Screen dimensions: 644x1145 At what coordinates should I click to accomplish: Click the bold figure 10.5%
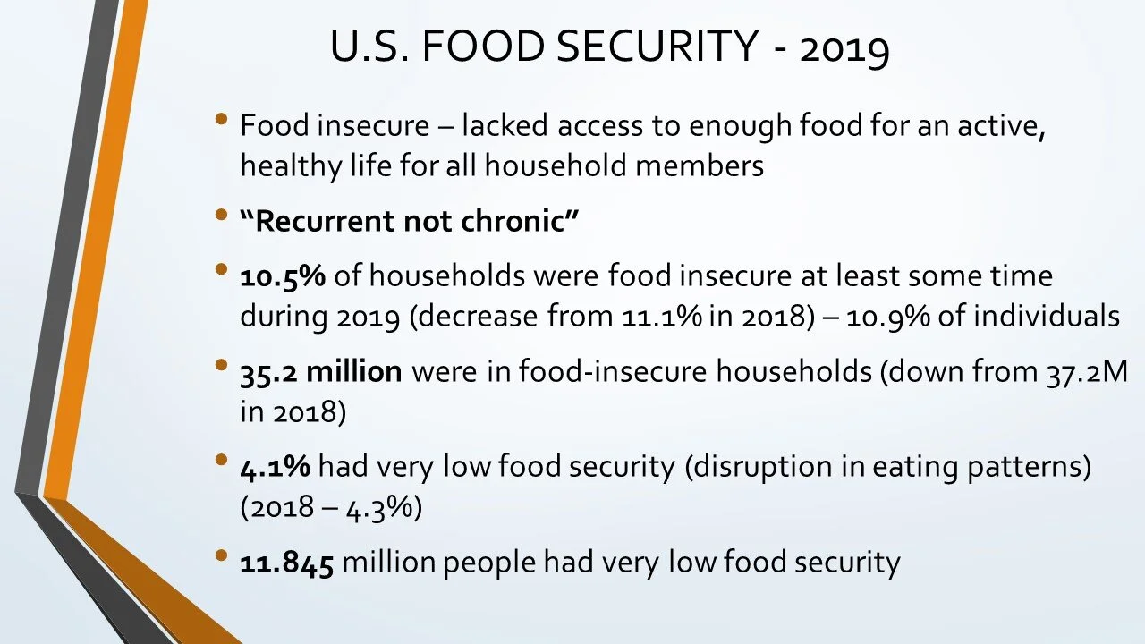pyautogui.click(x=282, y=276)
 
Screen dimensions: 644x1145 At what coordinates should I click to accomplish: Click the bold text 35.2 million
pyautogui.click(x=320, y=372)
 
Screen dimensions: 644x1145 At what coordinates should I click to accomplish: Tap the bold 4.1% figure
pyautogui.click(x=275, y=468)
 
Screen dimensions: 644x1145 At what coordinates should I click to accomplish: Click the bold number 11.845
pyautogui.click(x=286, y=563)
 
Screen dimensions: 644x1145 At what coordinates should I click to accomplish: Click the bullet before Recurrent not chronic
pyautogui.click(x=222, y=216)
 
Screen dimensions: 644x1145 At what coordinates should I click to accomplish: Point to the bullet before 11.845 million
pyautogui.click(x=222, y=556)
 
